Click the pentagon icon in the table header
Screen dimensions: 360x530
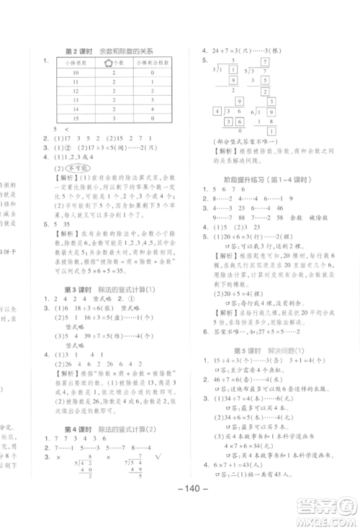click(x=110, y=63)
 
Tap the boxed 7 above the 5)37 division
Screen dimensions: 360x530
click(x=265, y=63)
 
